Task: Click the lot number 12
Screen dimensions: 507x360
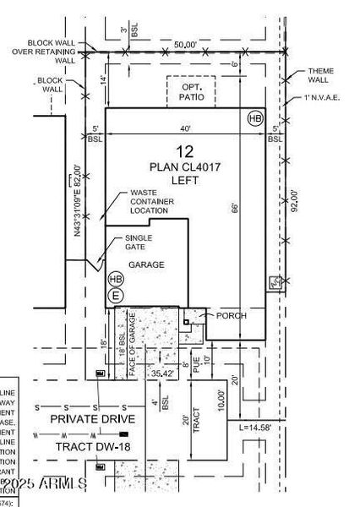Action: (186, 152)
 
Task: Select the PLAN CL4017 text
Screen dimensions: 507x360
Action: (186, 166)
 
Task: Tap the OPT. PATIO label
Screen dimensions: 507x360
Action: (191, 90)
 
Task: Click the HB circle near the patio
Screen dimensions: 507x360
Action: (255, 119)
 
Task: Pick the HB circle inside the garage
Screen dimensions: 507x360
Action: (116, 279)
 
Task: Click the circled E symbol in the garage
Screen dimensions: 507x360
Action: (116, 295)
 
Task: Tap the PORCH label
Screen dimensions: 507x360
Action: (232, 316)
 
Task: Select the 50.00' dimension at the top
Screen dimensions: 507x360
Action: (186, 45)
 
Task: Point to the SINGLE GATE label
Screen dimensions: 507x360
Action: (139, 243)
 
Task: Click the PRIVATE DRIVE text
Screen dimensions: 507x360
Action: (93, 419)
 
